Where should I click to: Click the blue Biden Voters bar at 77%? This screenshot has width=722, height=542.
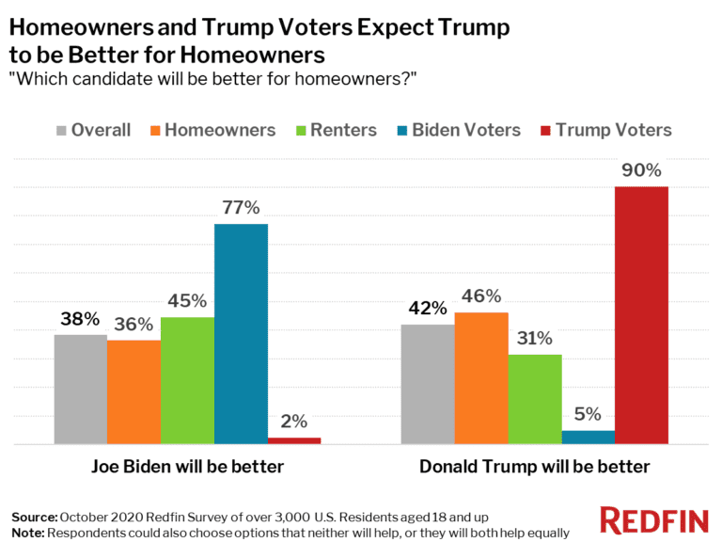click(241, 334)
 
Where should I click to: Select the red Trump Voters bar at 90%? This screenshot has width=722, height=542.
click(641, 315)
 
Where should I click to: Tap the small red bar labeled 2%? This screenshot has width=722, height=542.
click(294, 439)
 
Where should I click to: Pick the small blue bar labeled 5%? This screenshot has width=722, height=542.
click(588, 437)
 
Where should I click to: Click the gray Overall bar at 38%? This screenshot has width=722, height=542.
click(81, 389)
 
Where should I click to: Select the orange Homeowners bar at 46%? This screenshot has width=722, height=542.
click(481, 377)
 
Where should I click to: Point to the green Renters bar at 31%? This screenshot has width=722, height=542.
click(535, 399)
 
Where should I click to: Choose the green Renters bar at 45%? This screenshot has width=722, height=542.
click(187, 380)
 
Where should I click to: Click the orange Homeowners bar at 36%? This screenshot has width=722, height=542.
click(133, 391)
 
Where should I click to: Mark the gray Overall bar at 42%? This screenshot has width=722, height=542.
click(428, 384)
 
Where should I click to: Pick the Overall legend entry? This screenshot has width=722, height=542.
click(93, 130)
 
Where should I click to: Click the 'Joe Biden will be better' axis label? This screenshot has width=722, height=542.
click(187, 467)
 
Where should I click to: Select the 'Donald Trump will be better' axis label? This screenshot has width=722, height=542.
click(534, 467)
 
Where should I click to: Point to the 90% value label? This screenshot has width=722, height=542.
click(641, 171)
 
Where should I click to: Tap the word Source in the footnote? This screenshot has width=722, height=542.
click(33, 518)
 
